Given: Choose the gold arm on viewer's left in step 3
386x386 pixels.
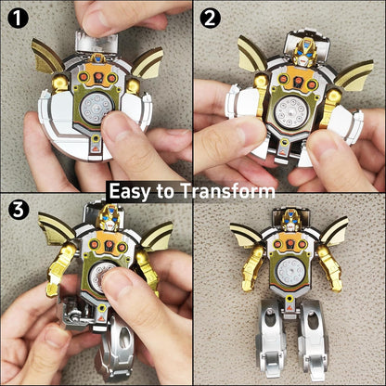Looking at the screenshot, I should click(59, 269).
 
